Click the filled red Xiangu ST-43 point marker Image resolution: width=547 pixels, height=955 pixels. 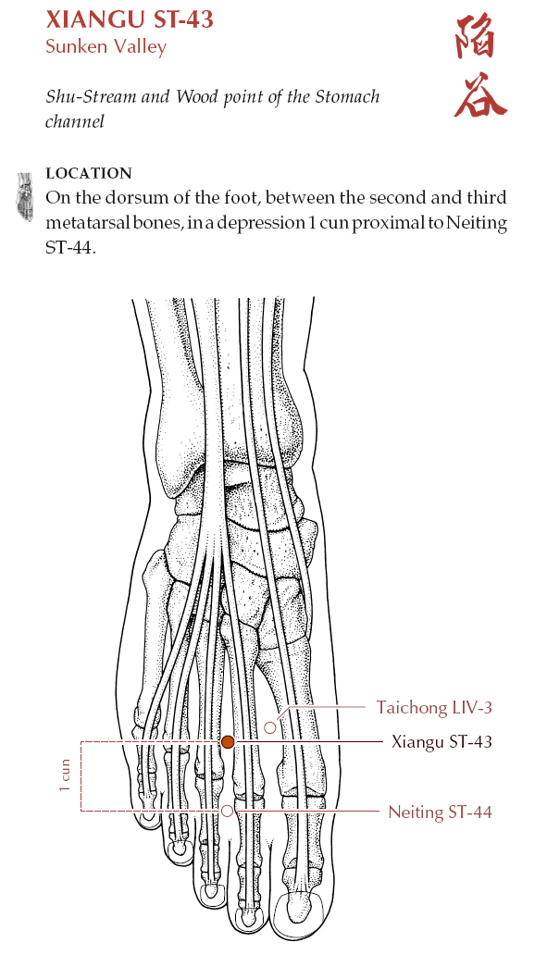[227, 741]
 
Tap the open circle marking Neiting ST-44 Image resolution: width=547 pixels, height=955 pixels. [227, 811]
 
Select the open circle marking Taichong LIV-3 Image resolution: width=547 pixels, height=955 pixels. [270, 727]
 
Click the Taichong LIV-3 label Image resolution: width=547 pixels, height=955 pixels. [434, 707]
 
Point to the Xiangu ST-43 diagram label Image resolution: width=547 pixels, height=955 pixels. [441, 741]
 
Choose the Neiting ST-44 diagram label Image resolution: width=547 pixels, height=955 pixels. [440, 812]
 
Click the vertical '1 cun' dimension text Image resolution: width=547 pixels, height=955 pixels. [65, 775]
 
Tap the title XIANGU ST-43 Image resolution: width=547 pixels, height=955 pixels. [130, 19]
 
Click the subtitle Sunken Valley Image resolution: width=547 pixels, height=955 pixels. [106, 46]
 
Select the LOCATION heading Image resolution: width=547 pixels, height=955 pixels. [89, 173]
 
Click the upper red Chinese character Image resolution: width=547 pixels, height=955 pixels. [476, 37]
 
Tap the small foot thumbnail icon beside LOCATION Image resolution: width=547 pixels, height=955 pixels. [25, 196]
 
